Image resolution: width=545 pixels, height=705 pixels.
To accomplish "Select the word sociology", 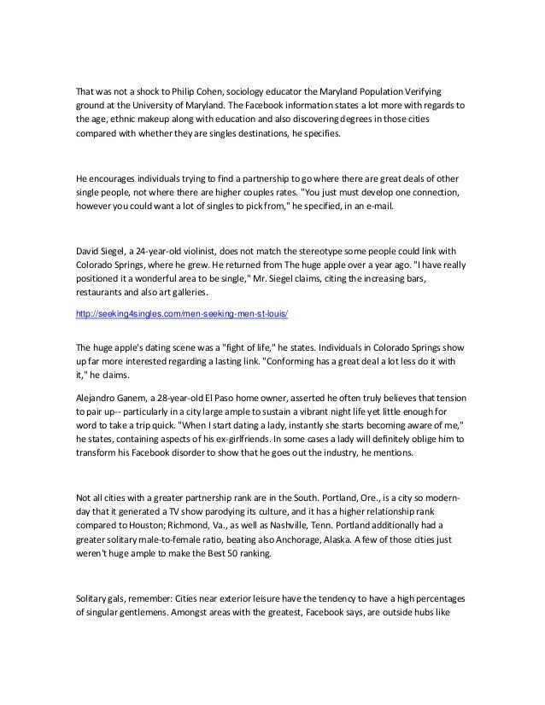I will point(245,91).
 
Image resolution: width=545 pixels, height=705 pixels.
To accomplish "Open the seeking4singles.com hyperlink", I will point(182,314).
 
